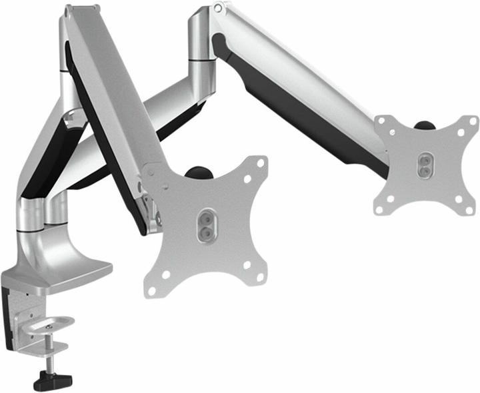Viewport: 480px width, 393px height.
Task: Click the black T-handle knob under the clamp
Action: (x=52, y=380)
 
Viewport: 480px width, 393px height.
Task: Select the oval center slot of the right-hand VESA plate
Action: (x=422, y=165)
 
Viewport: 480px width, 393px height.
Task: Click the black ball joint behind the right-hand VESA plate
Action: (x=423, y=125)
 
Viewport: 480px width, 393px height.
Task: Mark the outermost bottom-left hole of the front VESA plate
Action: (x=151, y=291)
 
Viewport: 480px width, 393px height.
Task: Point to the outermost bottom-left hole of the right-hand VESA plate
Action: (x=379, y=210)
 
